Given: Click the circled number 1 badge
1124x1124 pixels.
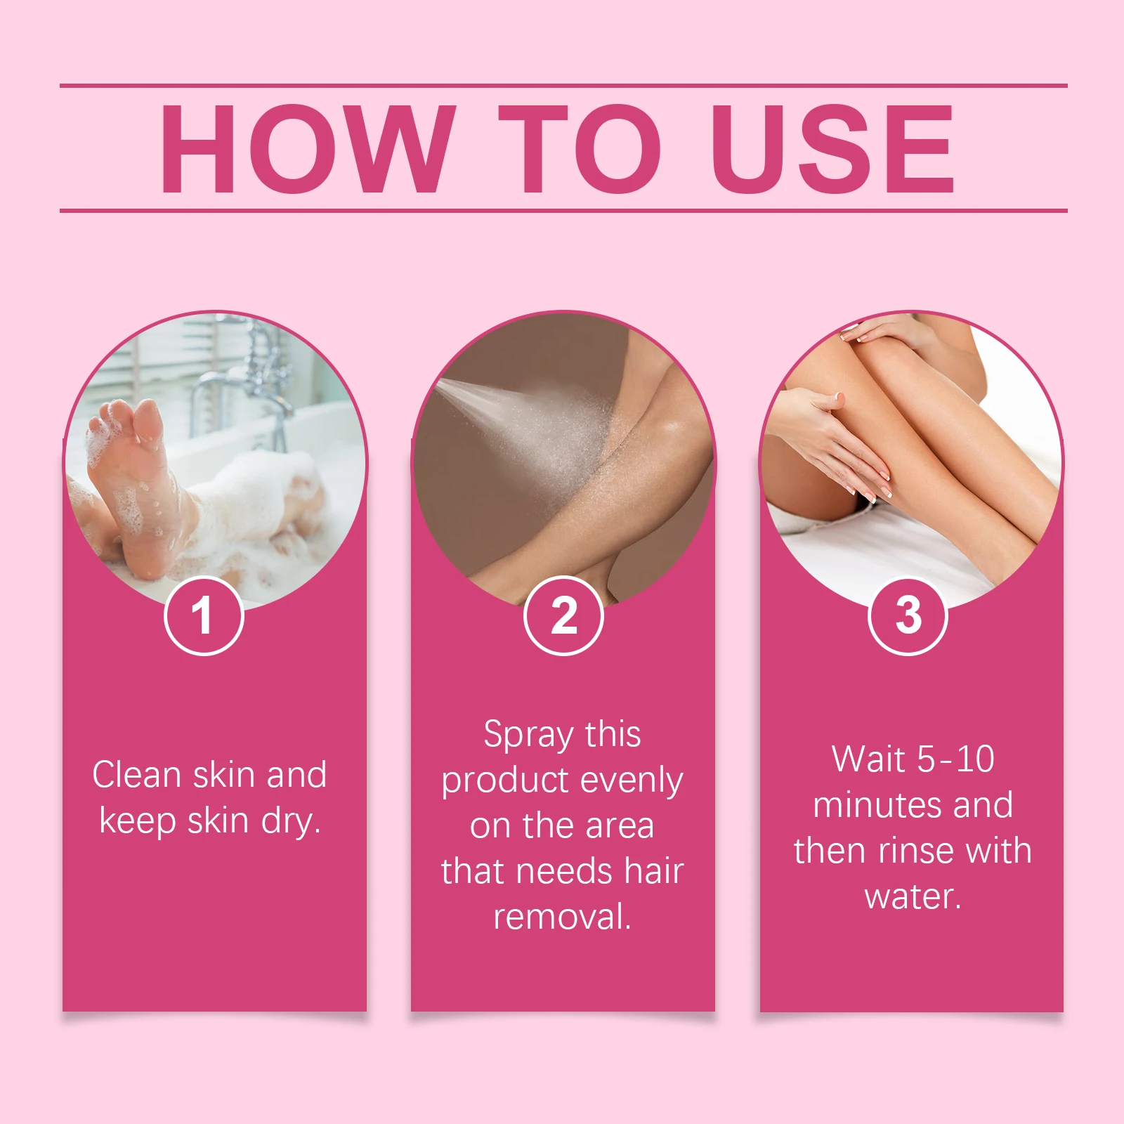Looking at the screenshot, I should (x=204, y=616).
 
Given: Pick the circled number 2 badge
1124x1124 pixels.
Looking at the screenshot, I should (x=563, y=616).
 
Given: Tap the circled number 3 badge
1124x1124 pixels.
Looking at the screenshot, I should (x=908, y=616).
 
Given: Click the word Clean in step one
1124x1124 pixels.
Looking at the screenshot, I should (x=137, y=775).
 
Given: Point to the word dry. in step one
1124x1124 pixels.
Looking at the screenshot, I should (x=291, y=821).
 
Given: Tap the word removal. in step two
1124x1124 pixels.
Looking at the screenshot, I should (x=562, y=917).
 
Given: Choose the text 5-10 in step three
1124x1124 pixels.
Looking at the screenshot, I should (x=955, y=759).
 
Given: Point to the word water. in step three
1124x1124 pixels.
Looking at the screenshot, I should (x=913, y=896).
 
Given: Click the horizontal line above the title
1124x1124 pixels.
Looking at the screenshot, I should (x=562, y=86).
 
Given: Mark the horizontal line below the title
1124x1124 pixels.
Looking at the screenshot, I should (x=562, y=210).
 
